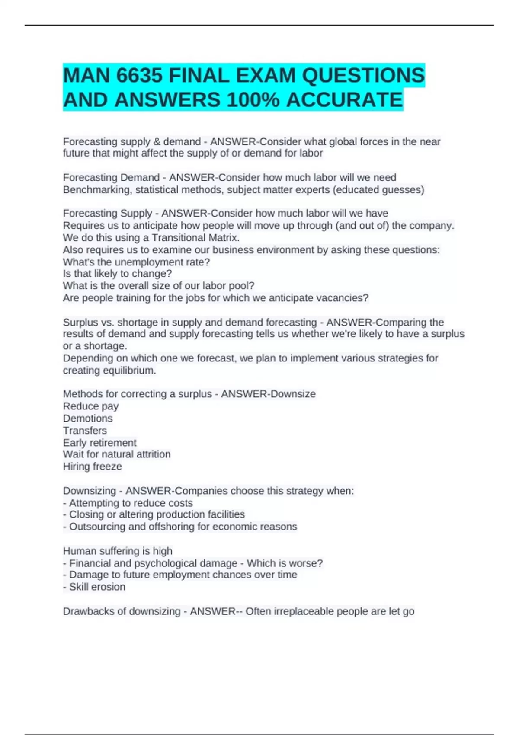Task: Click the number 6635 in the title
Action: (139, 76)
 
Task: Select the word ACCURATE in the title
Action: (344, 100)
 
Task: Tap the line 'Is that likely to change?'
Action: (117, 274)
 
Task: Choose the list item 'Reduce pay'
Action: (91, 406)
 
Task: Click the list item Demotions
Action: (88, 419)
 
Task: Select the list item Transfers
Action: (85, 431)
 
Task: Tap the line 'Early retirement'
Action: (99, 443)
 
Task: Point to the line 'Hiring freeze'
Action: (93, 467)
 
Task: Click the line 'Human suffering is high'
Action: (118, 551)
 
